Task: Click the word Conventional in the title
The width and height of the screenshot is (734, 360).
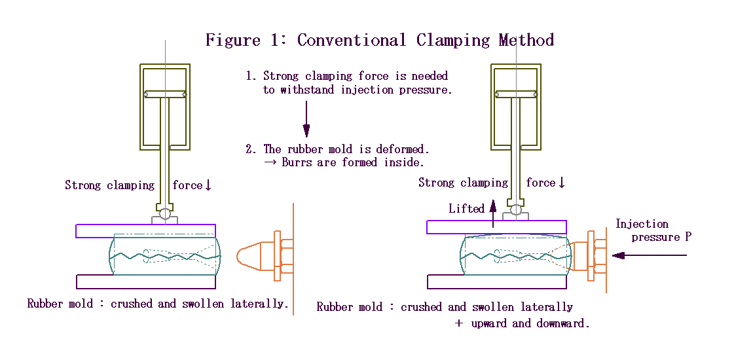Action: point(351,40)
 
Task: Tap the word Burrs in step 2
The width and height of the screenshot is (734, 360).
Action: point(298,162)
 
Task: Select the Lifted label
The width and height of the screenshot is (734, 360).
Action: point(466,209)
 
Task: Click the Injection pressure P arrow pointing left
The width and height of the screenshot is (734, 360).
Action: point(648,255)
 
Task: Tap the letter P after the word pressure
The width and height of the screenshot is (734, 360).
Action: point(688,237)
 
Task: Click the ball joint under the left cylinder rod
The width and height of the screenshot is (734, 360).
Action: point(165,213)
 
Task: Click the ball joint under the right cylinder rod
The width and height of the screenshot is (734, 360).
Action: point(516,210)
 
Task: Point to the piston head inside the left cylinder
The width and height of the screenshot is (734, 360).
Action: point(166,94)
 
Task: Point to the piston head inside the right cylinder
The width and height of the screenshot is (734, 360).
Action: point(517,94)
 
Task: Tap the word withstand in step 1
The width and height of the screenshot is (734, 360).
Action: point(308,90)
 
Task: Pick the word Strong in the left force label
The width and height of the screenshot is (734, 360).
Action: point(83,185)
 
